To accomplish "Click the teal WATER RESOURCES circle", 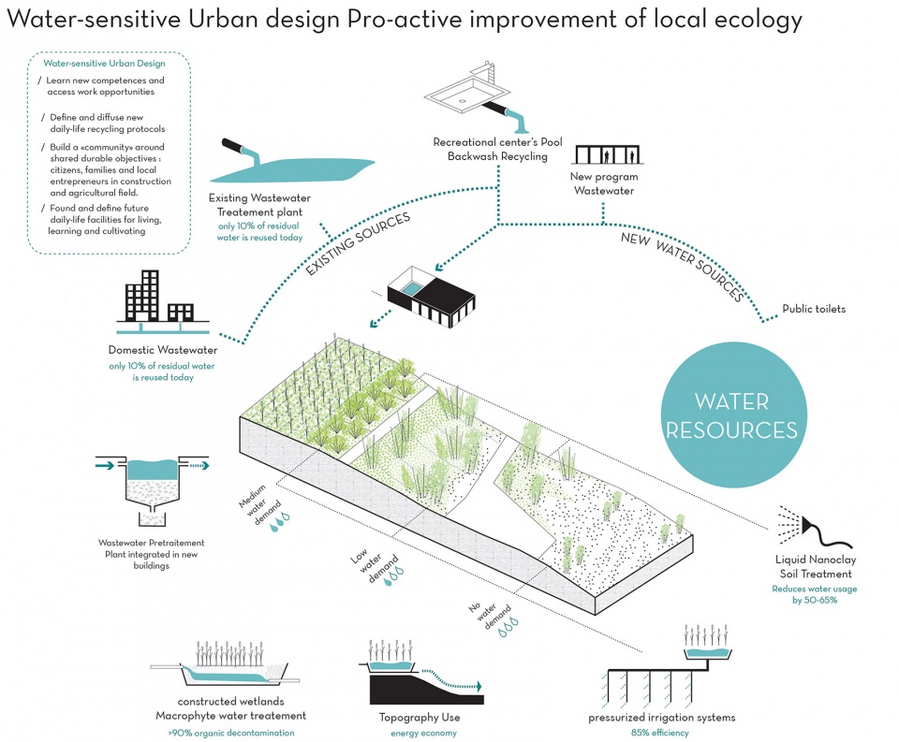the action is [733, 415].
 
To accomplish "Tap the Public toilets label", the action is [814, 309].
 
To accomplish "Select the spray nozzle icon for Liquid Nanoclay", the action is [814, 526].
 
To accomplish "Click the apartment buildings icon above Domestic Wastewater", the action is [163, 301].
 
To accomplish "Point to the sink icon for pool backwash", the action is [476, 95].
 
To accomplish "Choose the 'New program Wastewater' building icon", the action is [607, 154].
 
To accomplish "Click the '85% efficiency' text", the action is [659, 733].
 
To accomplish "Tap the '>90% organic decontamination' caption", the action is [231, 733].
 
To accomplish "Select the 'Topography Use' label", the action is [420, 718].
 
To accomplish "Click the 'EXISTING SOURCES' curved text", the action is [358, 243].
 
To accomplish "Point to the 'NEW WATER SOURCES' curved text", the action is [683, 264].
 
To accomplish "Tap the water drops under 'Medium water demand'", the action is [280, 522].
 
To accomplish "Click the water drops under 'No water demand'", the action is [508, 628].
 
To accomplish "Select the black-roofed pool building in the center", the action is [431, 297].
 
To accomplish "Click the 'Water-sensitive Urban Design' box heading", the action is [104, 64].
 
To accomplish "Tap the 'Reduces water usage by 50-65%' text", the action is [814, 594].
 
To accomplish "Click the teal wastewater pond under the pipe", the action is [292, 169].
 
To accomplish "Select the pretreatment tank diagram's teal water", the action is [153, 470].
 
